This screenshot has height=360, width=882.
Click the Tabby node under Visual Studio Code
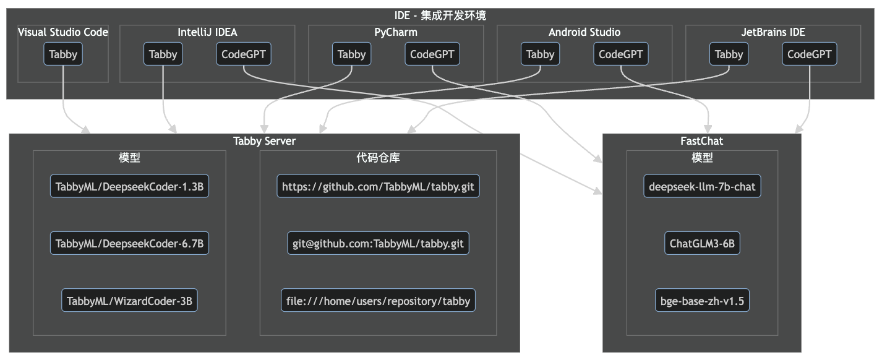63,54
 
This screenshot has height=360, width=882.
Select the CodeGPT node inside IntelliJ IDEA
244,54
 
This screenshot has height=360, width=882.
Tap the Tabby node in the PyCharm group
352,54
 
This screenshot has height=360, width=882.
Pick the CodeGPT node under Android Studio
621,54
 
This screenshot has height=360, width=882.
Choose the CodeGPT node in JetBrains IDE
810,54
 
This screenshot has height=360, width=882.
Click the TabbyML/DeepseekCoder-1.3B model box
129,187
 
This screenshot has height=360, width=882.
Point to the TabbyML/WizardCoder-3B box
129,302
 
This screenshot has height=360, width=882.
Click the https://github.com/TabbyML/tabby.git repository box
378,187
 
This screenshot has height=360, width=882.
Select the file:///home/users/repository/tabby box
378,302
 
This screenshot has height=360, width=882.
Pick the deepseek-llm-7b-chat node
702,187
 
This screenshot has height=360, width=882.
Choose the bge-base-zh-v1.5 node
702,302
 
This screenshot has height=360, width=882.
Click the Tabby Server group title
265,141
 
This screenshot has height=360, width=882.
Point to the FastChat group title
701,141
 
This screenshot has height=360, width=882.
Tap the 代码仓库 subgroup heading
378,158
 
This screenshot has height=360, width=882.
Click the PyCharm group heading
396,32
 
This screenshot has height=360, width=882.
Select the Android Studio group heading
584,32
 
